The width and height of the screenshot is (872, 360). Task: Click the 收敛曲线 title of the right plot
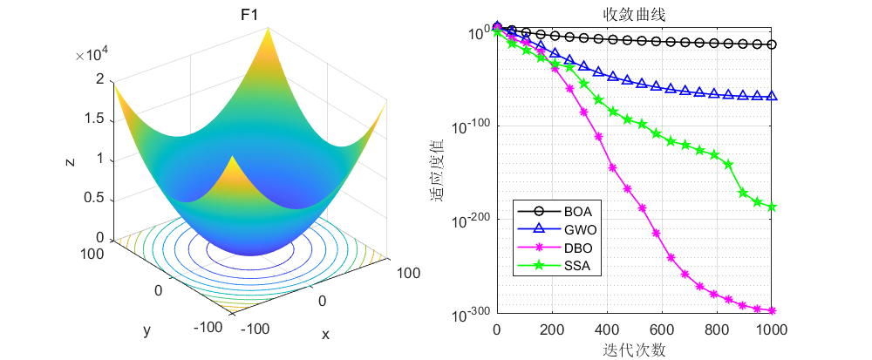pyautogui.click(x=633, y=15)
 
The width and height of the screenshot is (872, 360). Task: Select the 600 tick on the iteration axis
pyautogui.click(x=662, y=329)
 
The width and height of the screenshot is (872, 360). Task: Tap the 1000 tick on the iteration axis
pyautogui.click(x=772, y=329)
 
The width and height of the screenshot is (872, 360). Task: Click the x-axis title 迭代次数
pyautogui.click(x=633, y=350)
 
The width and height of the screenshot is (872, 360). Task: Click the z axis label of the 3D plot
pyautogui.click(x=68, y=161)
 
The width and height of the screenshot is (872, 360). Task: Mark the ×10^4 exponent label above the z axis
pyautogui.click(x=91, y=56)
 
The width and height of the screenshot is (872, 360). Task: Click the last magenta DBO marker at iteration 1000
pyautogui.click(x=772, y=310)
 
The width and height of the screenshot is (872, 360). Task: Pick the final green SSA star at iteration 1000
pyautogui.click(x=772, y=207)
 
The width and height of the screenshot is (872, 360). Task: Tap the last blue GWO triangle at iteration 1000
pyautogui.click(x=772, y=96)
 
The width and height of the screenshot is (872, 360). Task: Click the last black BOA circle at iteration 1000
pyautogui.click(x=772, y=44)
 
